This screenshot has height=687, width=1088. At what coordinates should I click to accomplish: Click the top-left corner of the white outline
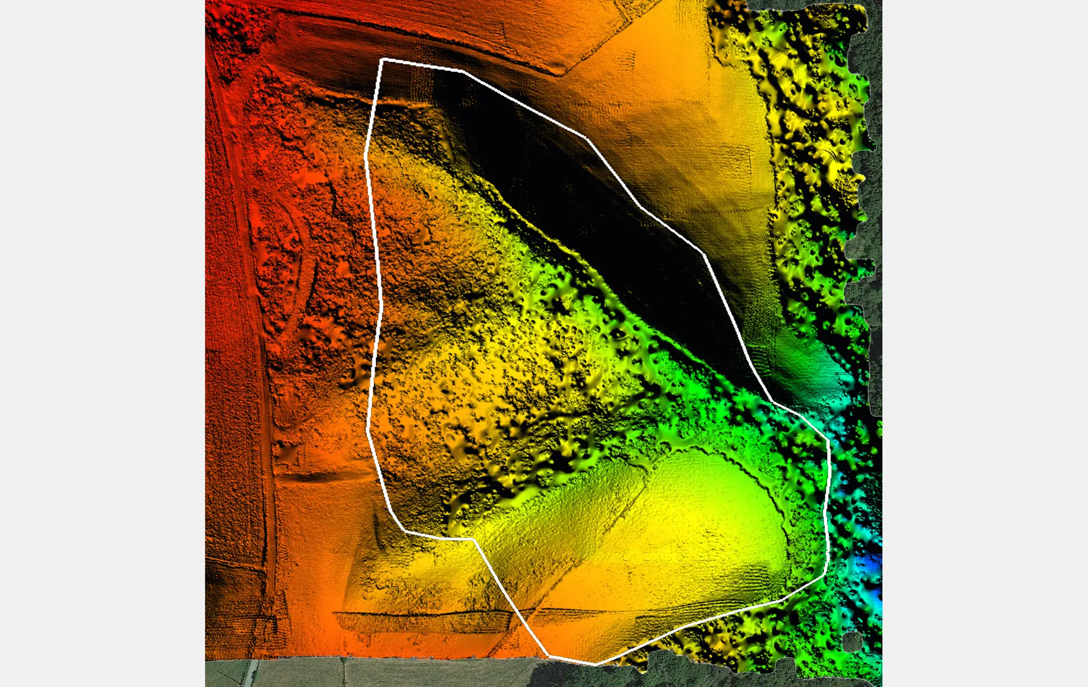pyautogui.click(x=383, y=59)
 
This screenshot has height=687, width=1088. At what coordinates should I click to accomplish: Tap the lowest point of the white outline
pyautogui.click(x=596, y=664)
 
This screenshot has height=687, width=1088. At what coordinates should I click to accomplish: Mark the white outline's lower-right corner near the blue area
pyautogui.click(x=825, y=575)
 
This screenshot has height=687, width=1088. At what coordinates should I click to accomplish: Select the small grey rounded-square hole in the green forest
pyautogui.click(x=852, y=641)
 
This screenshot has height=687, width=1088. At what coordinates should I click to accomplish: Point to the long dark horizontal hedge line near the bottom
pyautogui.click(x=424, y=614)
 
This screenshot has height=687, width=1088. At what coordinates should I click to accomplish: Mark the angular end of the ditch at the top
pyautogui.click(x=564, y=73)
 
